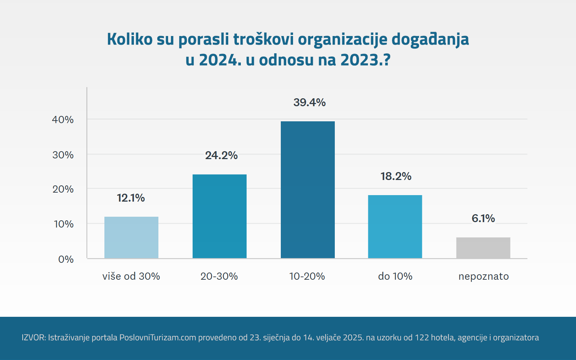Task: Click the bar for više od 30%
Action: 131,238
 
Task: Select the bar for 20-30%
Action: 220,216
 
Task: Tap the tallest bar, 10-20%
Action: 308,190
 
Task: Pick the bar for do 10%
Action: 395,227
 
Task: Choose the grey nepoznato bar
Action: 483,248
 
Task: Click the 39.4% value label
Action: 309,103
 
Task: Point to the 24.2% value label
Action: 221,156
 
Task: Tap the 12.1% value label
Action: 131,198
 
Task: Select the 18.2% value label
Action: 396,176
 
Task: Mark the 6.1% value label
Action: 483,219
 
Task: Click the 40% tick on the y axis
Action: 63,120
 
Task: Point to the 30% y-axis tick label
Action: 63,155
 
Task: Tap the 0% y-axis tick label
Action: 66,260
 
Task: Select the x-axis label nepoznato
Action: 483,276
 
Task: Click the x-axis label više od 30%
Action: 131,276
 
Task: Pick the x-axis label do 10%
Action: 395,276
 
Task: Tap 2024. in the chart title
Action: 220,60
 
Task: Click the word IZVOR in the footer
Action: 33,338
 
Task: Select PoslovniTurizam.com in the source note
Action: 158,338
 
